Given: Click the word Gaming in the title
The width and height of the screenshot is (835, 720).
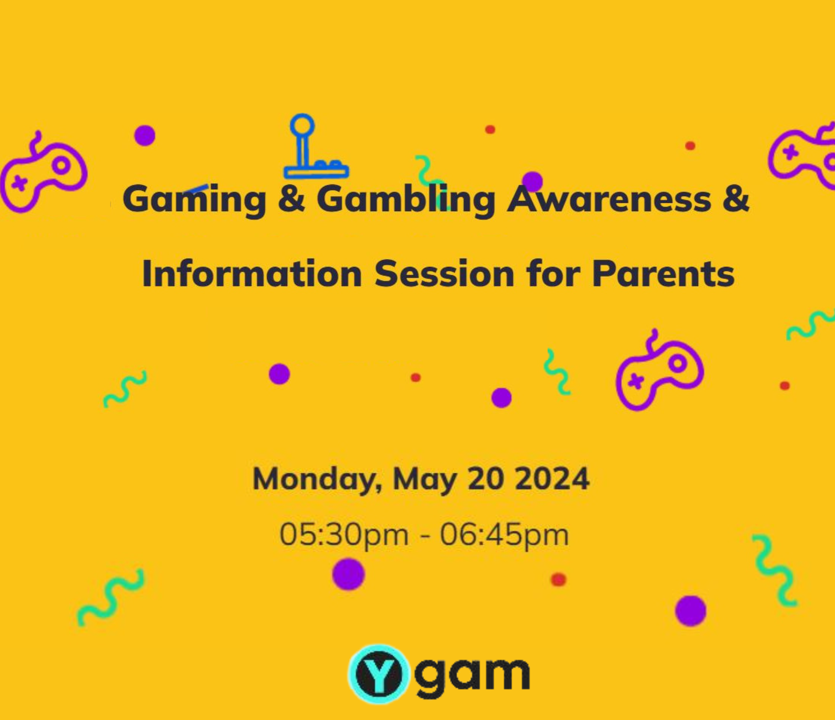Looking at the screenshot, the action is click(194, 200).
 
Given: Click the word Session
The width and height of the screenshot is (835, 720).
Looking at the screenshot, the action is click(444, 274).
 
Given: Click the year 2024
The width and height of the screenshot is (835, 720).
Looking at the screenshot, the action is click(552, 479).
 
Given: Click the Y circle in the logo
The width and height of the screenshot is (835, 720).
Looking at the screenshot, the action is click(379, 674).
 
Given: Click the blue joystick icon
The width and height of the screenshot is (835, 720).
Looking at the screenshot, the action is click(316, 146).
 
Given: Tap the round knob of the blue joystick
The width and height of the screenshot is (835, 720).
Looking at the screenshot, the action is click(302, 125).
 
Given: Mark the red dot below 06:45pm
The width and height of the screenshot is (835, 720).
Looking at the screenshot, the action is click(558, 580).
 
